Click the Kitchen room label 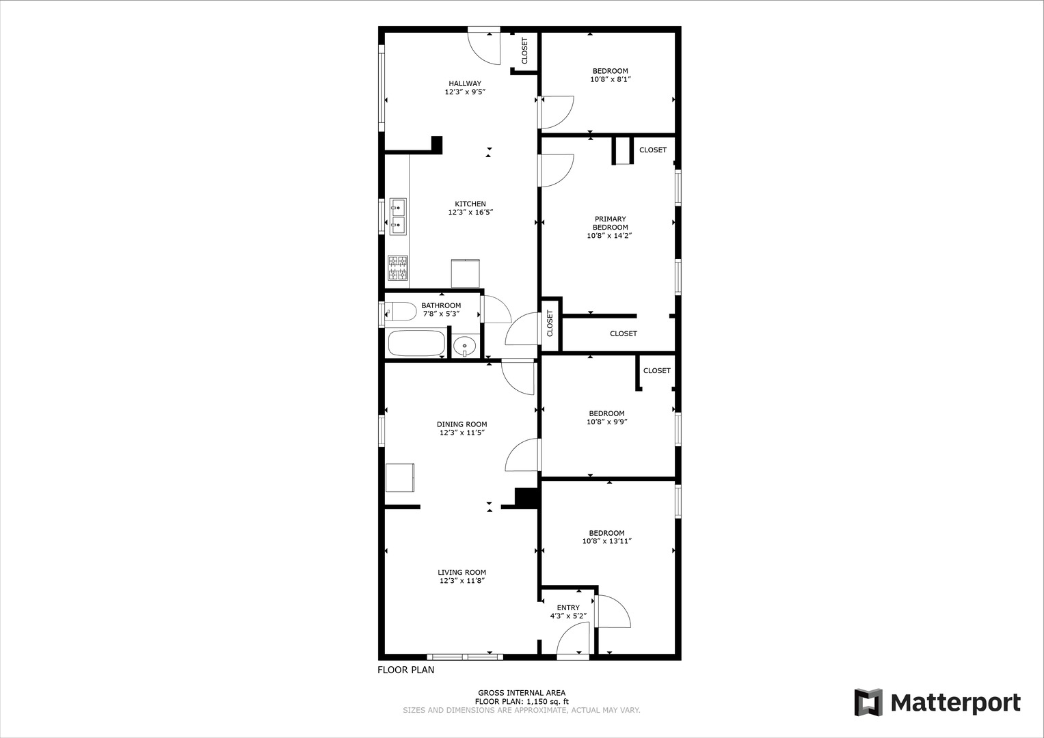click(x=470, y=204)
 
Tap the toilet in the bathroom click(x=401, y=312)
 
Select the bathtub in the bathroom click(x=417, y=343)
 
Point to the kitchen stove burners click(x=397, y=268)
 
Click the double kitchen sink click(x=397, y=216)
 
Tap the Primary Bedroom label click(x=609, y=223)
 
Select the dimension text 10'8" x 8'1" click(x=610, y=80)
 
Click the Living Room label click(x=462, y=573)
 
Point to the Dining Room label click(x=462, y=424)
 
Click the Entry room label click(x=568, y=607)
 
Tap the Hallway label click(x=465, y=83)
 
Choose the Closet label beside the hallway click(x=525, y=51)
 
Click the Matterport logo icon click(x=868, y=702)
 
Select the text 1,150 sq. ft click(x=548, y=701)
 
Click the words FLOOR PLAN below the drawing click(x=406, y=670)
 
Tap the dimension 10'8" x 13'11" click(x=606, y=542)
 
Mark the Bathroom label click(x=441, y=305)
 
